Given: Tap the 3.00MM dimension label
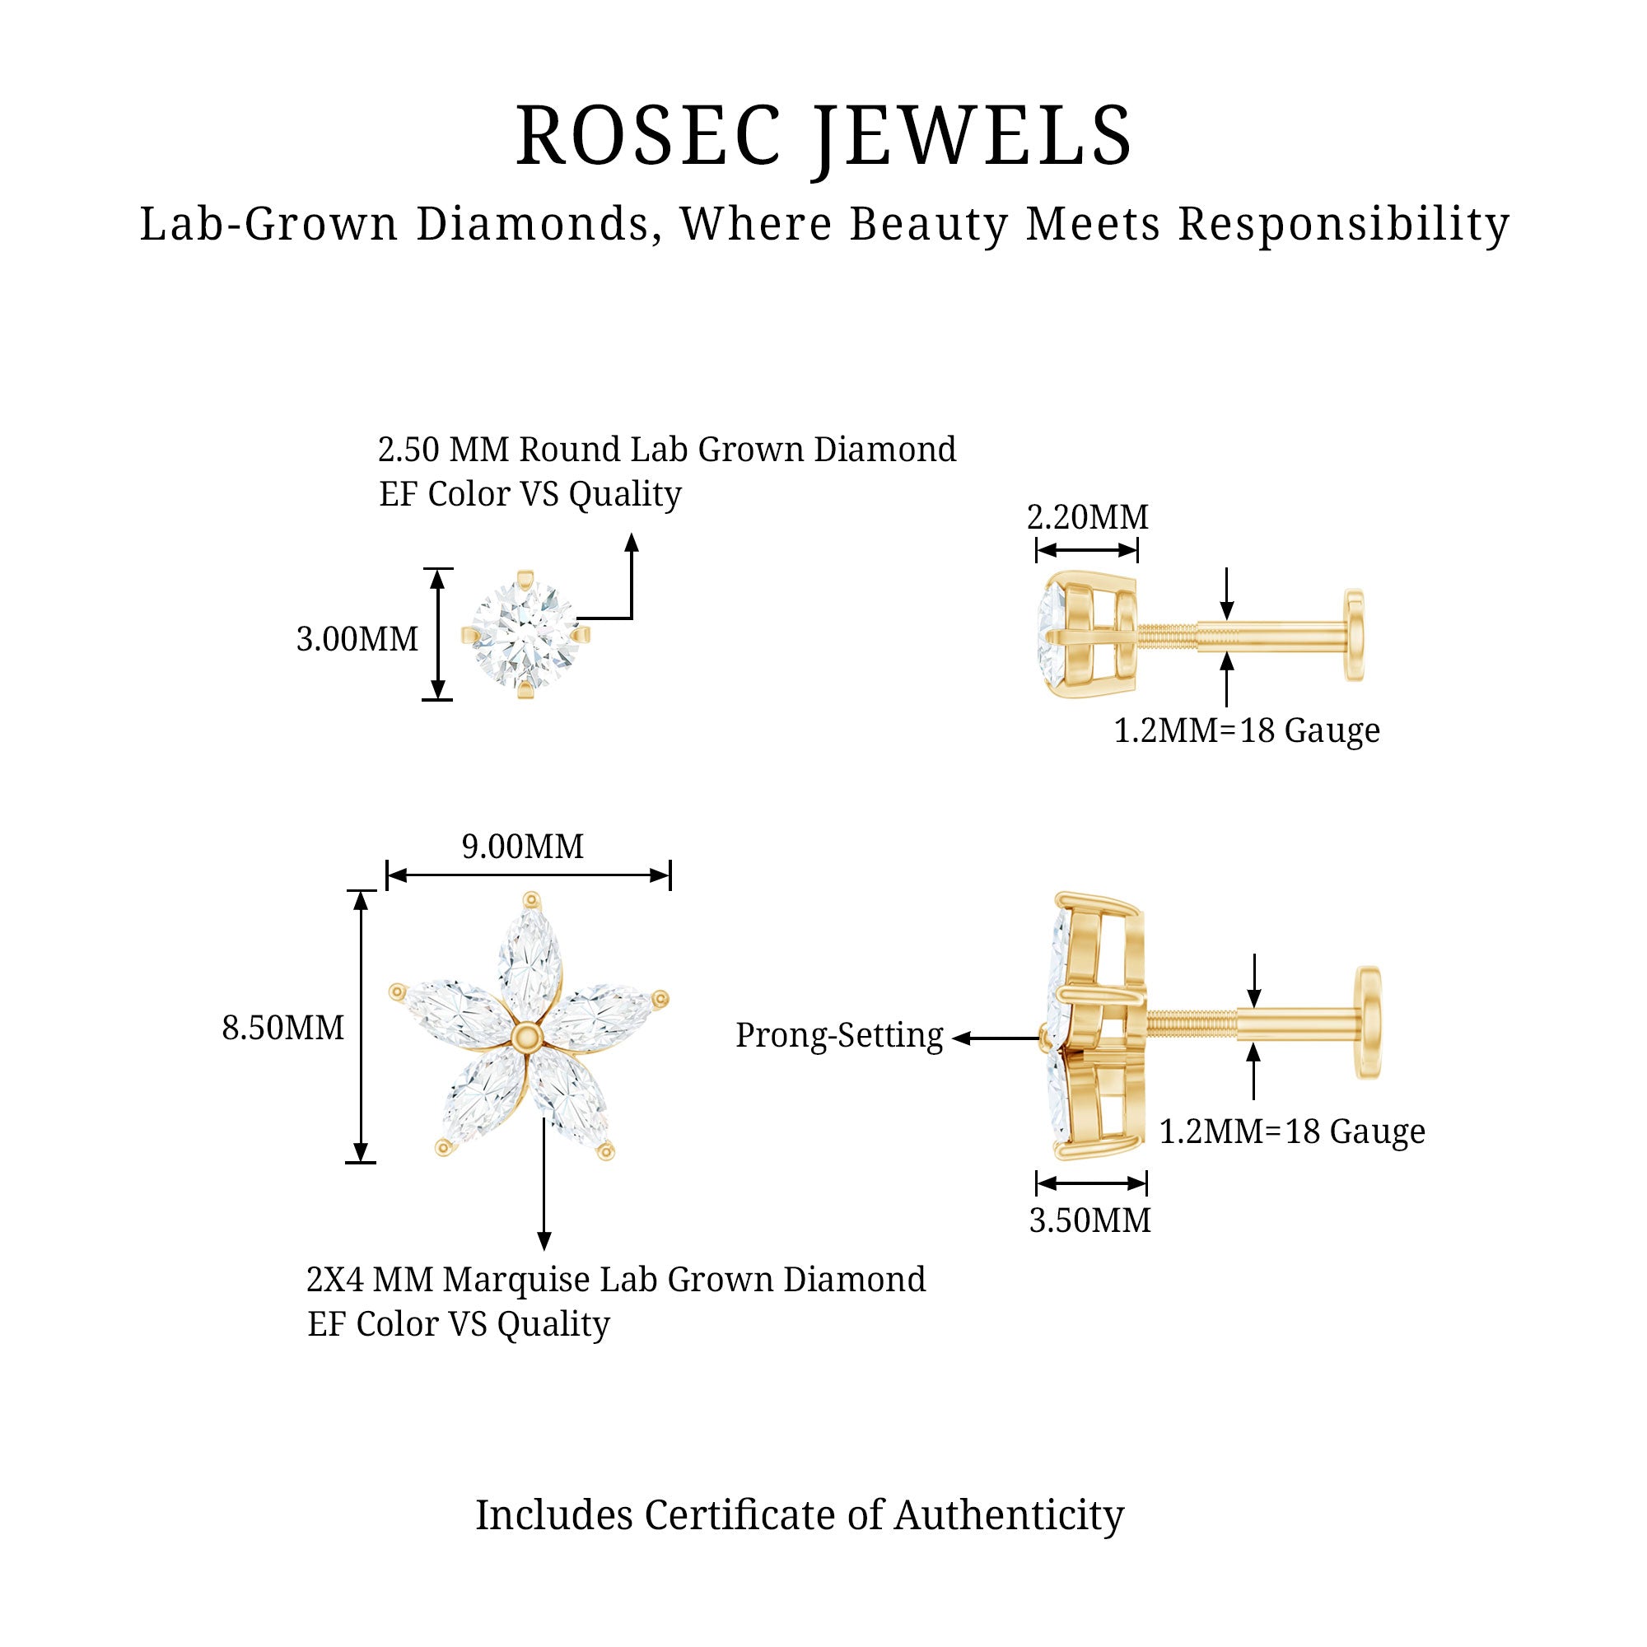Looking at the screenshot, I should coord(357,639).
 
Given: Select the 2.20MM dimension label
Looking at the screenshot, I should coord(1087,517).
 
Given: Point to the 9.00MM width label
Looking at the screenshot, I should coord(523,847).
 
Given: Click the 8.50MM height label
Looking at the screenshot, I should coord(283,1028).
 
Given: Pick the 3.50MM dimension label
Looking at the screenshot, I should coord(1089,1220).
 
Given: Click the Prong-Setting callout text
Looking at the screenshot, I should coord(839,1036).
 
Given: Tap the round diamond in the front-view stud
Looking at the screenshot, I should coord(525,634).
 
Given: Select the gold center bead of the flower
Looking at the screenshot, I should coord(529,1035).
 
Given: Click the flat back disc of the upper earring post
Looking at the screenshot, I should coord(1354,634).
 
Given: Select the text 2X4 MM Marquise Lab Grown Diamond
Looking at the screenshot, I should coord(615,1280).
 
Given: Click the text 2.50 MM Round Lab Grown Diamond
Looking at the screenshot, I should coord(667,450).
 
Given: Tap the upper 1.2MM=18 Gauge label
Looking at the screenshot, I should coord(1246,730).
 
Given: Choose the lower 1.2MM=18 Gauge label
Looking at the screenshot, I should coord(1291,1132).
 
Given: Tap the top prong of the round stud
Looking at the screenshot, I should coord(526,578).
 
